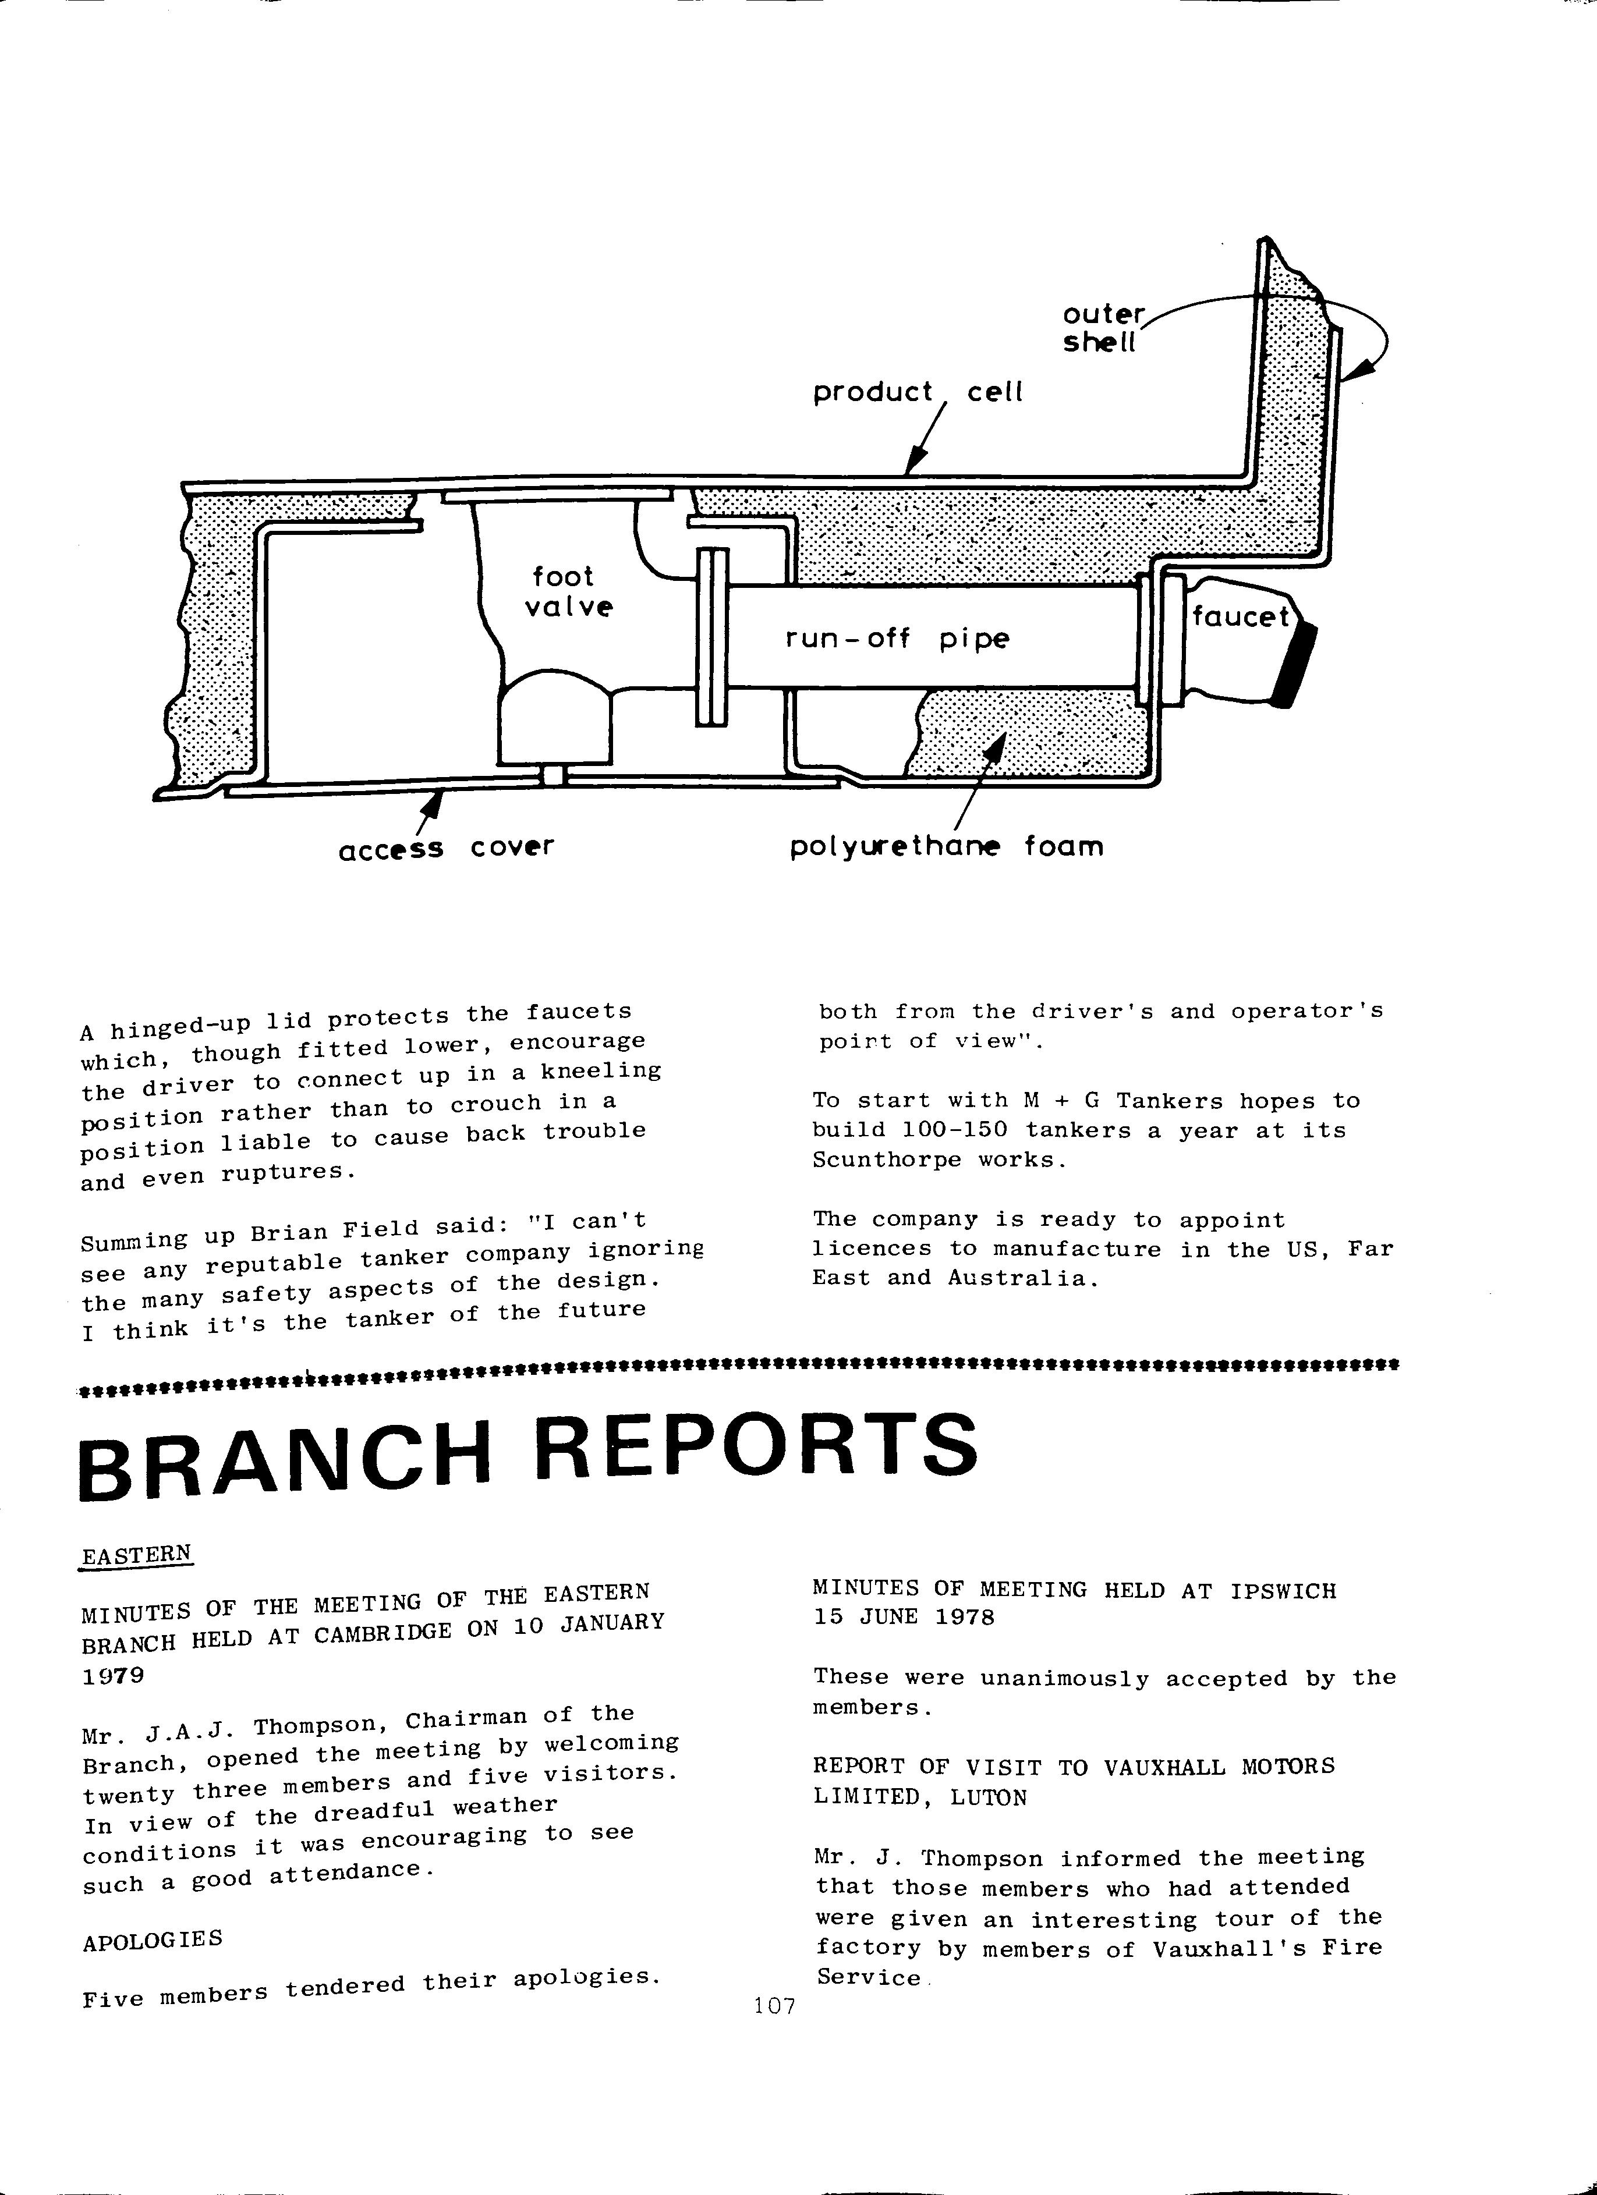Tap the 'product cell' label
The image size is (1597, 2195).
coord(916,392)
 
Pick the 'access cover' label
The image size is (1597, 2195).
coord(446,848)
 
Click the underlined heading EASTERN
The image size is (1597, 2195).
coord(137,1555)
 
